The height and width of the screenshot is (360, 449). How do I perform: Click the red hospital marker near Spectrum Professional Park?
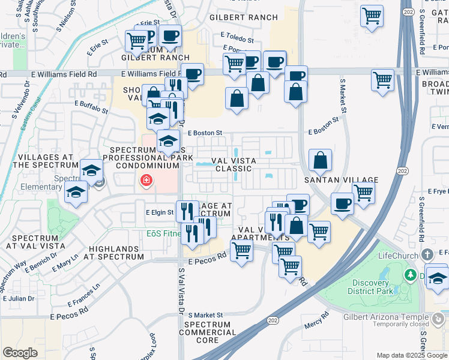click(145, 180)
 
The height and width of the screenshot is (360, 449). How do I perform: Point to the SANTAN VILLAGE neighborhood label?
click(342, 180)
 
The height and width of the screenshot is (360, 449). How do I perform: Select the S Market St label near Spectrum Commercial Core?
click(205, 314)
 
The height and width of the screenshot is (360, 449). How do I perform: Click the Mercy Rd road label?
click(317, 320)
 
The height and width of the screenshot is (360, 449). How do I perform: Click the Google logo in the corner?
click(20, 353)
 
